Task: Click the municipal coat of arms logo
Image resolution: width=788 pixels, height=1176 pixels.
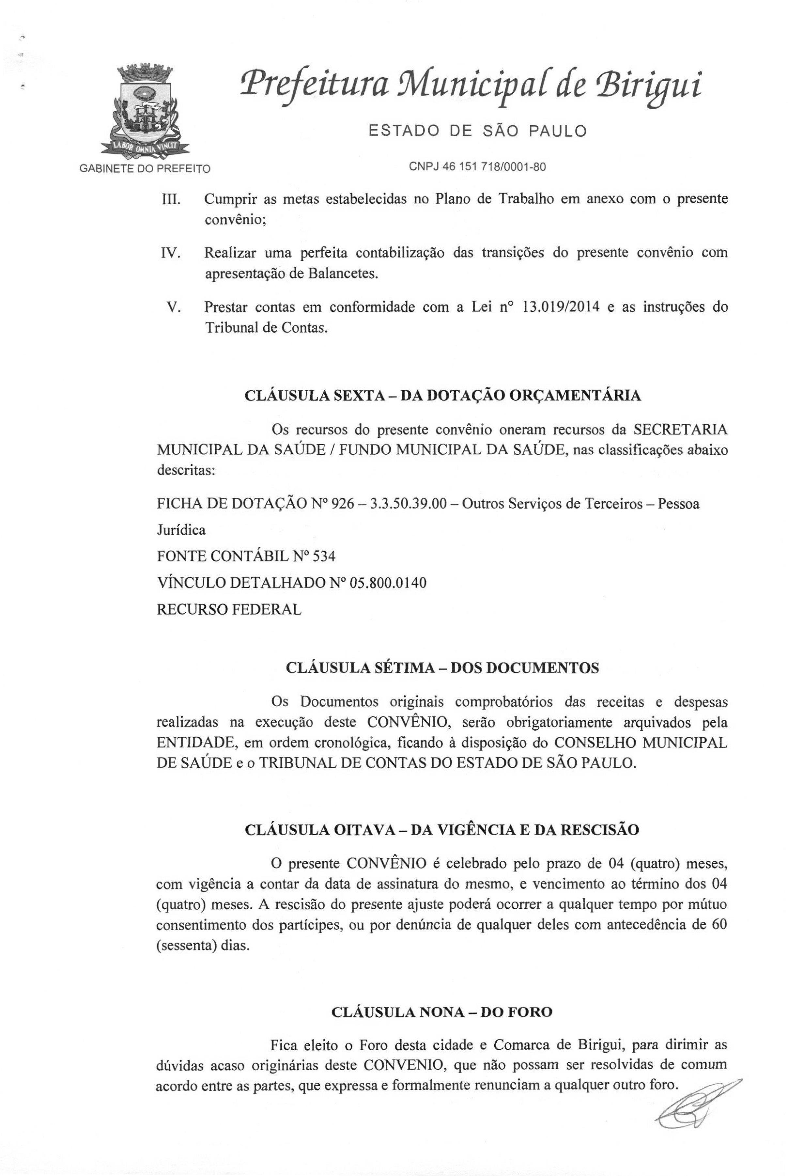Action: (145, 110)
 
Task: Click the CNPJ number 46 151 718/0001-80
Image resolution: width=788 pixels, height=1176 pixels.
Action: (477, 167)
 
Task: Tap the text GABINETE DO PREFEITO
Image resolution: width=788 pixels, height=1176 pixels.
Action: (145, 168)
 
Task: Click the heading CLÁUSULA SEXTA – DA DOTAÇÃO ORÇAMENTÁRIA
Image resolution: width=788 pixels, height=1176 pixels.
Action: (443, 396)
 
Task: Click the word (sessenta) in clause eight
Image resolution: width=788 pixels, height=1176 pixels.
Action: (182, 945)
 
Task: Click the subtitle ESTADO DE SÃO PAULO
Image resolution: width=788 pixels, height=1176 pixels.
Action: (477, 132)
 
